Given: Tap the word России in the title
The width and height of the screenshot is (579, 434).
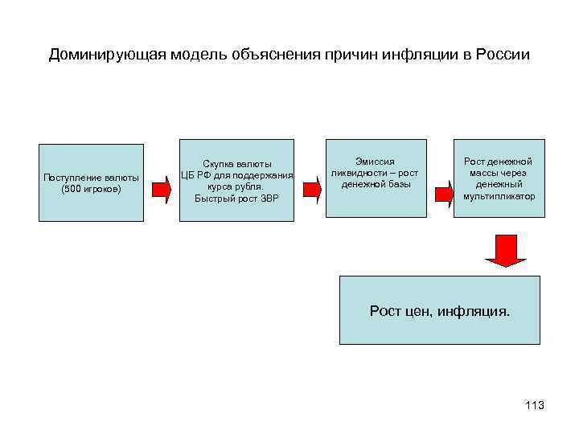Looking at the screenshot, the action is [503, 55].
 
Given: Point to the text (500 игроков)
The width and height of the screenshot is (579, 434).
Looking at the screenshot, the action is [91, 190].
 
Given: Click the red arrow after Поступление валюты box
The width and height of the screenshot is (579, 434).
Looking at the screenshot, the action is [162, 190].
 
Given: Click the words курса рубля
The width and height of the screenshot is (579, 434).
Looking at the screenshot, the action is [236, 186].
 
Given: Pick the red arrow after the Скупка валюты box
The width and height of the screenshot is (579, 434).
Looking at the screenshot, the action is [311, 190].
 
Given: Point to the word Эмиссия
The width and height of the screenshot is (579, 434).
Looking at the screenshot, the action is [376, 162].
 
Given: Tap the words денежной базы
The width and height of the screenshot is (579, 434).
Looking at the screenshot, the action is [376, 184].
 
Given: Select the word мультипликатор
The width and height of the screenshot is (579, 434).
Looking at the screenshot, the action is [499, 195].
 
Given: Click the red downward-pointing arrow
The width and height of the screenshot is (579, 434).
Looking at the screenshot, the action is [505, 251].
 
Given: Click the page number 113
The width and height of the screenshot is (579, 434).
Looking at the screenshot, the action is [534, 405].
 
